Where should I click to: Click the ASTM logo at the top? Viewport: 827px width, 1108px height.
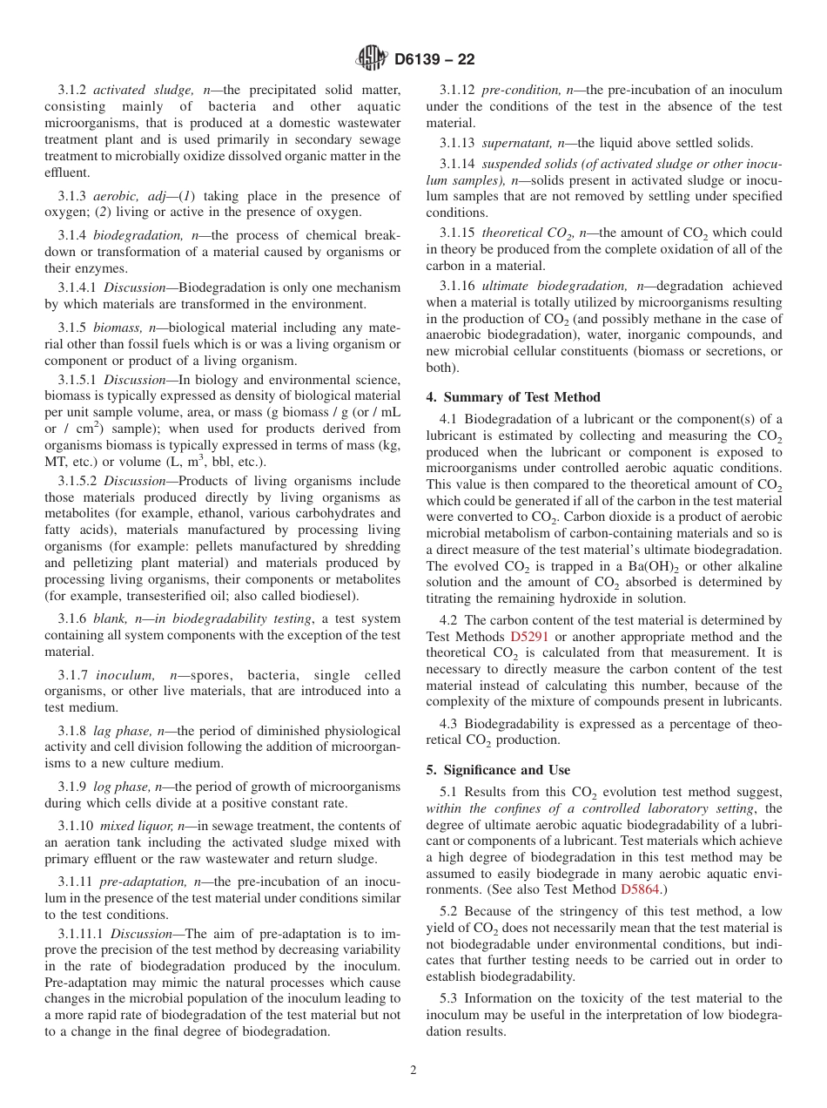click(372, 59)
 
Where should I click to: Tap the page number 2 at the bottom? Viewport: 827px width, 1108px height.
click(413, 1071)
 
